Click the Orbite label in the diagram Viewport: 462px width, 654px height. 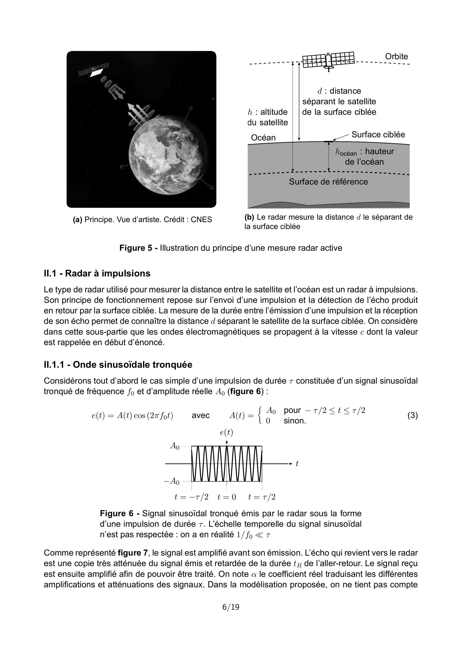pos(396,56)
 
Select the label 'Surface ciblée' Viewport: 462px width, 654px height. pos(378,134)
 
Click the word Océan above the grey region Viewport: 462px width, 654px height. pos(263,138)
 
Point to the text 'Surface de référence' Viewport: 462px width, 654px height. pos(328,182)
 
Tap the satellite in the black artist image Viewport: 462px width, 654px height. pos(94,70)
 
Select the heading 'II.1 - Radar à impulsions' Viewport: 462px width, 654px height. pos(97,274)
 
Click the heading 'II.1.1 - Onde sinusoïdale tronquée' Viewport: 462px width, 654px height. pos(118,365)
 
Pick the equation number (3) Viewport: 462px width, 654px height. pos(412,416)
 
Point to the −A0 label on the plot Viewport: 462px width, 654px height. pos(172,481)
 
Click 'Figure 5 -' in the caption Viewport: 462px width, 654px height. pos(138,248)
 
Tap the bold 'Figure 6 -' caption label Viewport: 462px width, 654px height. pos(120,514)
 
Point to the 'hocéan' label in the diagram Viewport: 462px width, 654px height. pos(346,152)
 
